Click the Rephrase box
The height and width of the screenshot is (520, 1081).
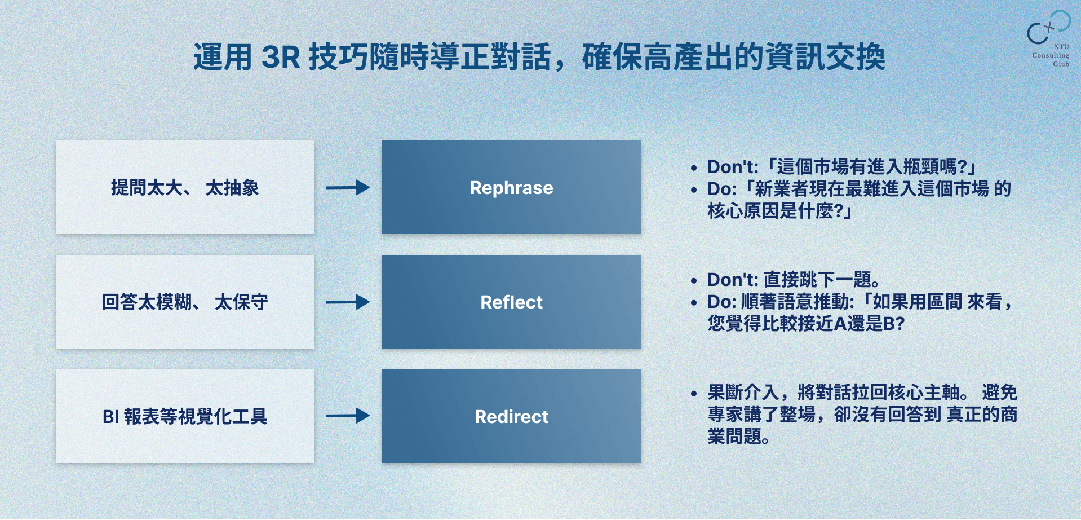tap(511, 187)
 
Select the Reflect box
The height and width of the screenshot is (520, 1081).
tap(511, 302)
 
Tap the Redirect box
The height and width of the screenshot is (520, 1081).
tap(511, 416)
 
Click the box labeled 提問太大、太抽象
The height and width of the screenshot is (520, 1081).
tap(185, 187)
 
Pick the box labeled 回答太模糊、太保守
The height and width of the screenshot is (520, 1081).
tap(185, 302)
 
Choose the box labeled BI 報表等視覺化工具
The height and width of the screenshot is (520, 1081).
tap(185, 416)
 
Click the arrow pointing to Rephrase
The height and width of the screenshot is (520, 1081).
tap(348, 187)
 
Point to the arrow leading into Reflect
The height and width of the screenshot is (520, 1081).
tap(348, 302)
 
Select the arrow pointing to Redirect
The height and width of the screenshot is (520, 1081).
tap(348, 416)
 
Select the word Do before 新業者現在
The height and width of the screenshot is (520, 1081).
tap(721, 189)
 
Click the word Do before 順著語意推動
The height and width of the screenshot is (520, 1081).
tap(721, 302)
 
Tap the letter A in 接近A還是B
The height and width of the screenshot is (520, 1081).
tap(840, 324)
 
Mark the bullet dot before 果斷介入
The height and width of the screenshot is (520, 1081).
tap(694, 393)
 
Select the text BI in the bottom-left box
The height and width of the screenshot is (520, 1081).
tap(110, 417)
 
